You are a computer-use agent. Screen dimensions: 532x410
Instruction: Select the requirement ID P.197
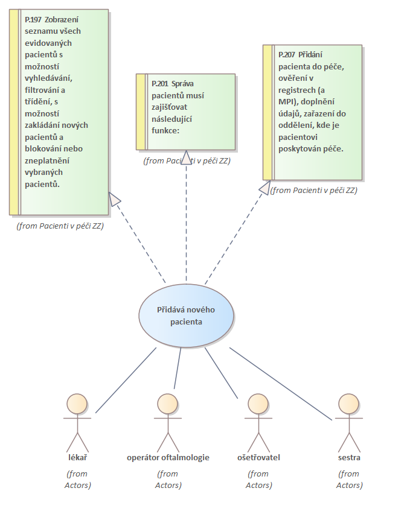[34, 19]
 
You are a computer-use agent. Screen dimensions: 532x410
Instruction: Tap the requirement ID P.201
[160, 83]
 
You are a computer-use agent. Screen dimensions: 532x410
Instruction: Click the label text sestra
[349, 457]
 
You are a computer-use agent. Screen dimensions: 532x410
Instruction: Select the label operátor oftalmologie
[168, 457]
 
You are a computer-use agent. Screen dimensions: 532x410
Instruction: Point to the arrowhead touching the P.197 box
[115, 199]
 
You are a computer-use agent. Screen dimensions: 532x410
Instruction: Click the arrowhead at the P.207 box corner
[264, 188]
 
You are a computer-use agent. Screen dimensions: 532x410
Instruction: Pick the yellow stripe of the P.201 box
[141, 112]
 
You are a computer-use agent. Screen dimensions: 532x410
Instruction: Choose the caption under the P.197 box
[60, 226]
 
